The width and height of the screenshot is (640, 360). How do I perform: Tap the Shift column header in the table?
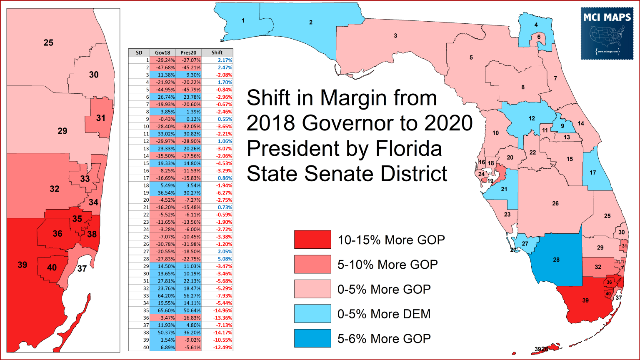pyautogui.click(x=217, y=52)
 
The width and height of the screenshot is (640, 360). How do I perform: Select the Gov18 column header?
pyautogui.click(x=162, y=52)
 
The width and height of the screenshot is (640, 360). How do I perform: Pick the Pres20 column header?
pyautogui.click(x=188, y=52)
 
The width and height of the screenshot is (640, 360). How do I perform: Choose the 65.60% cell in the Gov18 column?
pyautogui.click(x=162, y=310)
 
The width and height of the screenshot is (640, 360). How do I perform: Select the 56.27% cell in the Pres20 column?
pyautogui.click(x=188, y=296)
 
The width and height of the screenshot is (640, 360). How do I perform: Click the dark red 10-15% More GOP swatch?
pyautogui.click(x=312, y=240)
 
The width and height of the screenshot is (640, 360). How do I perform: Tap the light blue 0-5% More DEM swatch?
pyautogui.click(x=312, y=313)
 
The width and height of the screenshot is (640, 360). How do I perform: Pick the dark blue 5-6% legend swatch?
pyautogui.click(x=312, y=338)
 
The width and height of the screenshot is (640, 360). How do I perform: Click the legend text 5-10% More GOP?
pyautogui.click(x=387, y=264)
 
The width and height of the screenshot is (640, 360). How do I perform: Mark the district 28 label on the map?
pyautogui.click(x=556, y=260)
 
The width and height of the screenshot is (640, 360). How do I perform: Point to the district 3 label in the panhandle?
pyautogui.click(x=395, y=36)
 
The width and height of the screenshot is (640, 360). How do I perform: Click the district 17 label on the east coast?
pyautogui.click(x=592, y=172)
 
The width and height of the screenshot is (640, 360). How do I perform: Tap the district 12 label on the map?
pyautogui.click(x=532, y=118)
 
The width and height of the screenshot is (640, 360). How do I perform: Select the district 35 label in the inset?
pyautogui.click(x=77, y=219)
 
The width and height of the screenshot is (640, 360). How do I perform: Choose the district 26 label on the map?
pyautogui.click(x=555, y=203)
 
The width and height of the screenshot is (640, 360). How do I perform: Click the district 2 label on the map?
pyautogui.click(x=311, y=22)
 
